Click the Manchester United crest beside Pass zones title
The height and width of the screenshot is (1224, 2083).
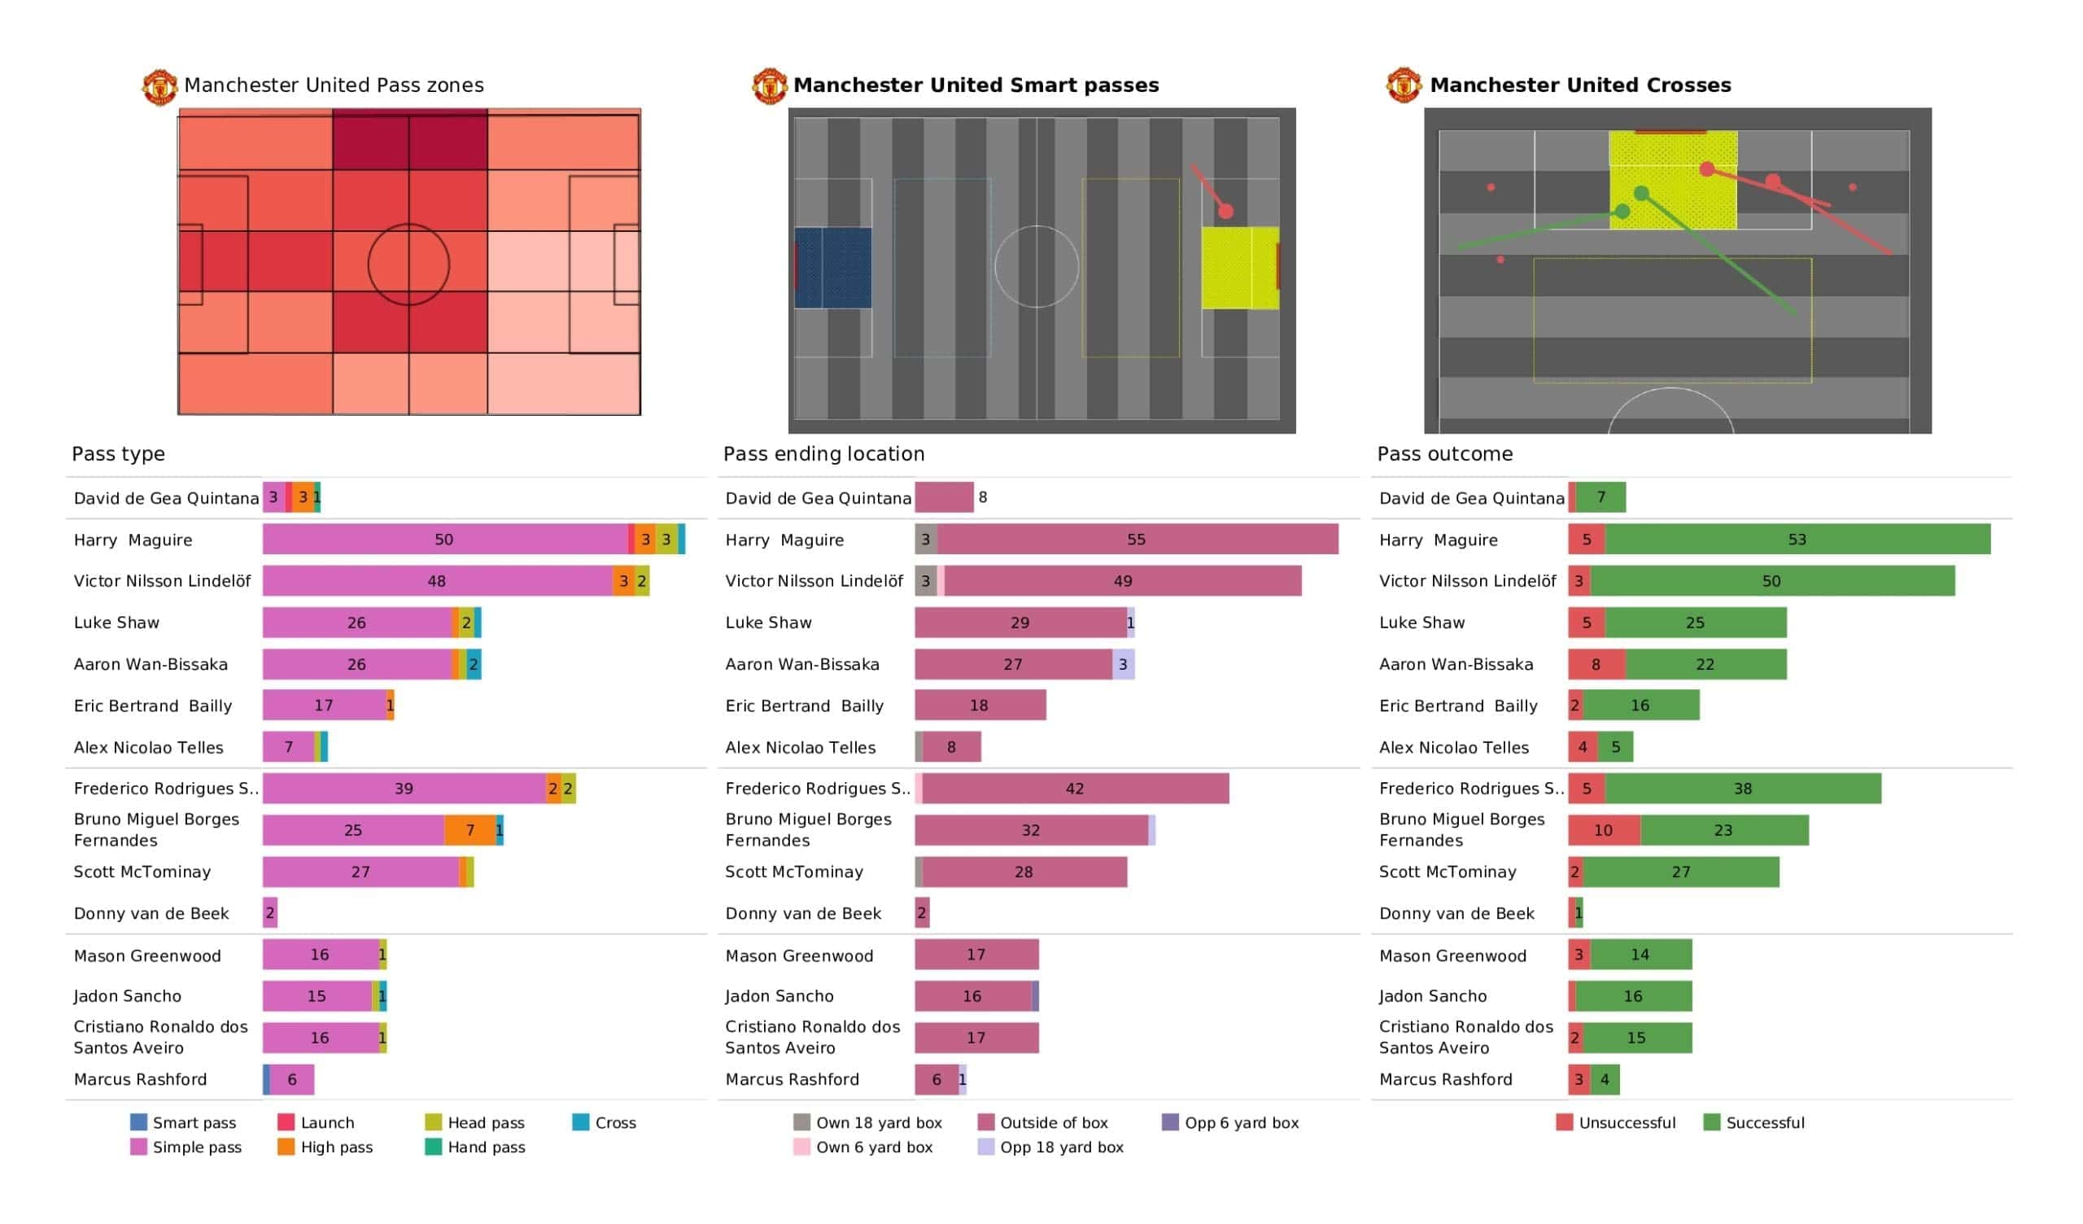159,87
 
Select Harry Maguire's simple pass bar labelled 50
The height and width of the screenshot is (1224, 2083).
445,540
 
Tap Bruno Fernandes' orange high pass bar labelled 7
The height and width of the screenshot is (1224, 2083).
469,829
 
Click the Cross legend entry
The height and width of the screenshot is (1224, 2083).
605,1122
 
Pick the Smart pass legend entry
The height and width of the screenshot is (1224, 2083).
184,1122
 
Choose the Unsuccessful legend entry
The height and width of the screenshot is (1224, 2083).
1615,1122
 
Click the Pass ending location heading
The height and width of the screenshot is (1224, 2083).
823,453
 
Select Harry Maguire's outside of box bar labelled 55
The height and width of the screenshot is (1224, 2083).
1138,540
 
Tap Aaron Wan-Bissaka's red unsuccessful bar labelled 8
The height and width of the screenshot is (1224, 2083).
1596,664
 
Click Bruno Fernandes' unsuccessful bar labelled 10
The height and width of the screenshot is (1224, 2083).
1604,829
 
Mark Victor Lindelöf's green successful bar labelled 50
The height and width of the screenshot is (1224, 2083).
1772,580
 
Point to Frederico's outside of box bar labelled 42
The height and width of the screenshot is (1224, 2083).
1075,788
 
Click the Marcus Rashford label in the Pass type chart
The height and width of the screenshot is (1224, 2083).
141,1079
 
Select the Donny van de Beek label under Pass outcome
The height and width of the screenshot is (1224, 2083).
1456,913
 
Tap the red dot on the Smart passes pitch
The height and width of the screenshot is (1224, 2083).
1226,212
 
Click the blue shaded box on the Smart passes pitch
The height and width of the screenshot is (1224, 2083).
833,268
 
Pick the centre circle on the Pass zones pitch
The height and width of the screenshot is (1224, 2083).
408,264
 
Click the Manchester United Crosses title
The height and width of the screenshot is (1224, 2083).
1579,85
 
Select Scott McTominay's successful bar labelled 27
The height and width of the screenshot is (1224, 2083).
1680,872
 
